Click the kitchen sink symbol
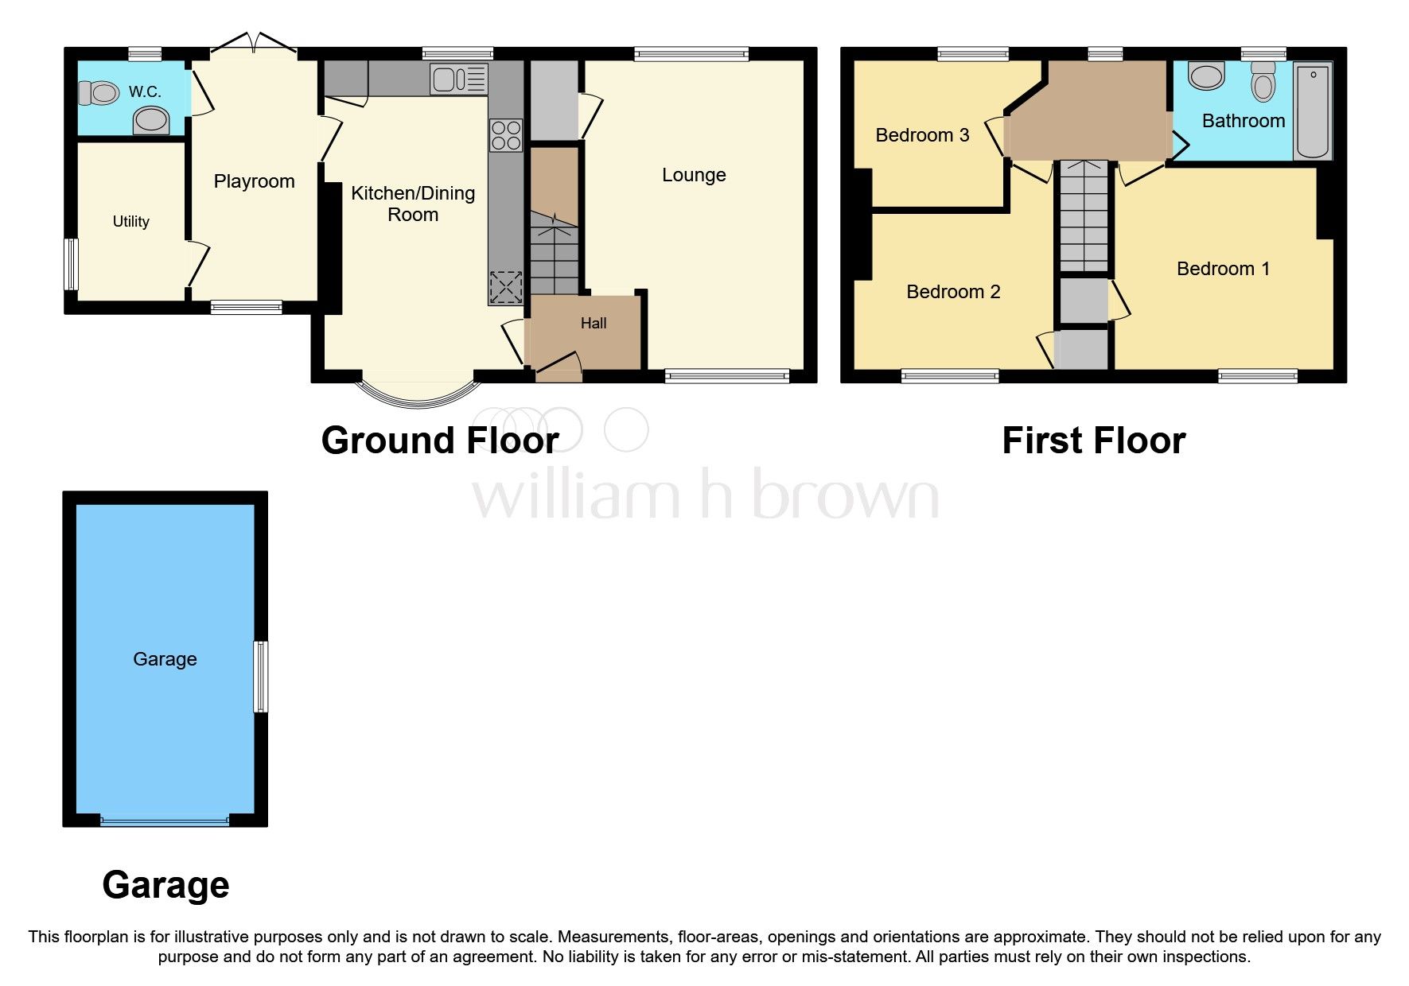458,80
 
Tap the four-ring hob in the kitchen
506,135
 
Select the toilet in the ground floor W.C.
99,93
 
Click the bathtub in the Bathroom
1313,111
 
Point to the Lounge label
694,175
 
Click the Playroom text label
254,181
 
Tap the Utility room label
130,222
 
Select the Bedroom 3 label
922,135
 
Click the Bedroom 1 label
1223,269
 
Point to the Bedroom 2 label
953,292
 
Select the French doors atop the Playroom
253,43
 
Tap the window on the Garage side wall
260,677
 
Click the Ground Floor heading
439,441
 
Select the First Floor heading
1093,441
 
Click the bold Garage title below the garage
165,884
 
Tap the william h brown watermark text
705,495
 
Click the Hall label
593,323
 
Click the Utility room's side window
72,264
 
